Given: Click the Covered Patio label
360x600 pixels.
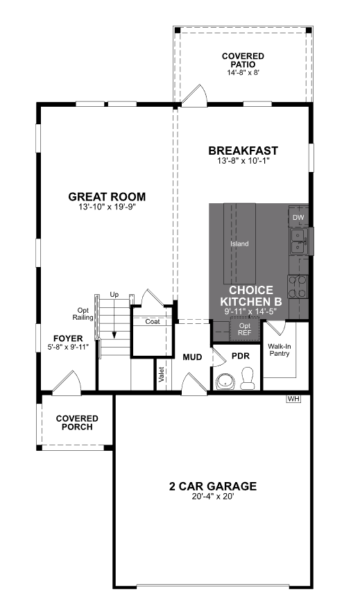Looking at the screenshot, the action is pyautogui.click(x=243, y=60).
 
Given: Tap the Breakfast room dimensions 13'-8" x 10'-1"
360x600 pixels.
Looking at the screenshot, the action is pyautogui.click(x=243, y=161).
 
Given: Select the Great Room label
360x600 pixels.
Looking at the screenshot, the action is pyautogui.click(x=107, y=197).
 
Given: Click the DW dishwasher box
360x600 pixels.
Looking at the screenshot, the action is pyautogui.click(x=298, y=218).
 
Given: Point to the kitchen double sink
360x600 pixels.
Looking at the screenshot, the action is pyautogui.click(x=299, y=241).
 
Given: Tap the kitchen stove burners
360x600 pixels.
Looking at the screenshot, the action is pyautogui.click(x=298, y=287).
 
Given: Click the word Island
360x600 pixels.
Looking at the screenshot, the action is pyautogui.click(x=239, y=243).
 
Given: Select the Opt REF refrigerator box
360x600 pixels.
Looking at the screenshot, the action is pyautogui.click(x=244, y=329).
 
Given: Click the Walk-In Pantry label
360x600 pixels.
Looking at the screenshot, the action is pyautogui.click(x=280, y=350).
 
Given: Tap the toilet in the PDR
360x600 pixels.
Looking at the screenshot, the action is pyautogui.click(x=248, y=378).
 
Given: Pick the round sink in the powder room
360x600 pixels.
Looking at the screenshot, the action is pyautogui.click(x=225, y=382).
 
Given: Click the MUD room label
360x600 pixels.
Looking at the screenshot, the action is pyautogui.click(x=192, y=357).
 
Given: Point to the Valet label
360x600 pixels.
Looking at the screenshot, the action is pyautogui.click(x=162, y=375).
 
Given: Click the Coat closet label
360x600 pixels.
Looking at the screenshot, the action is pyautogui.click(x=153, y=322).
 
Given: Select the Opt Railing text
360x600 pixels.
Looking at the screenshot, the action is pyautogui.click(x=83, y=314).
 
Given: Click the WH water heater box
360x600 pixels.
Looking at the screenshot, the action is pyautogui.click(x=294, y=399).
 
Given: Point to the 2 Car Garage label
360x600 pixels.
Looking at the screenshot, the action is pyautogui.click(x=213, y=486).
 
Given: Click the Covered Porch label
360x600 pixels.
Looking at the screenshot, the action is pyautogui.click(x=77, y=423).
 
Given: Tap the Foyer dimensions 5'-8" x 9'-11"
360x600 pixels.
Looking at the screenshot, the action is pyautogui.click(x=68, y=347).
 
